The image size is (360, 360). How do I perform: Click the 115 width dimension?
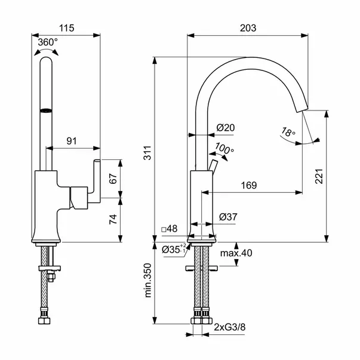pos(66,27)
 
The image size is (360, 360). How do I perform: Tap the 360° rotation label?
pos(48,42)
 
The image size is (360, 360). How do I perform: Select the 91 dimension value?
pos(72,141)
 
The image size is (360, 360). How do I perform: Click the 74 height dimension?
pos(112,219)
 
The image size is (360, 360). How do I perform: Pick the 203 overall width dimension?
pos(248,27)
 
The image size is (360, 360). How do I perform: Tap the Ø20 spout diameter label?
pos(225,127)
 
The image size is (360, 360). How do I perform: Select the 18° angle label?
pos(289,133)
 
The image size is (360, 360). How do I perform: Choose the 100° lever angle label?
pos(224,149)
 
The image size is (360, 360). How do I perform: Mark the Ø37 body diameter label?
pos(228,217)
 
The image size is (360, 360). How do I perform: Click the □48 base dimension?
pos(170,229)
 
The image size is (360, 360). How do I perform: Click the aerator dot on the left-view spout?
pos(45,110)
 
